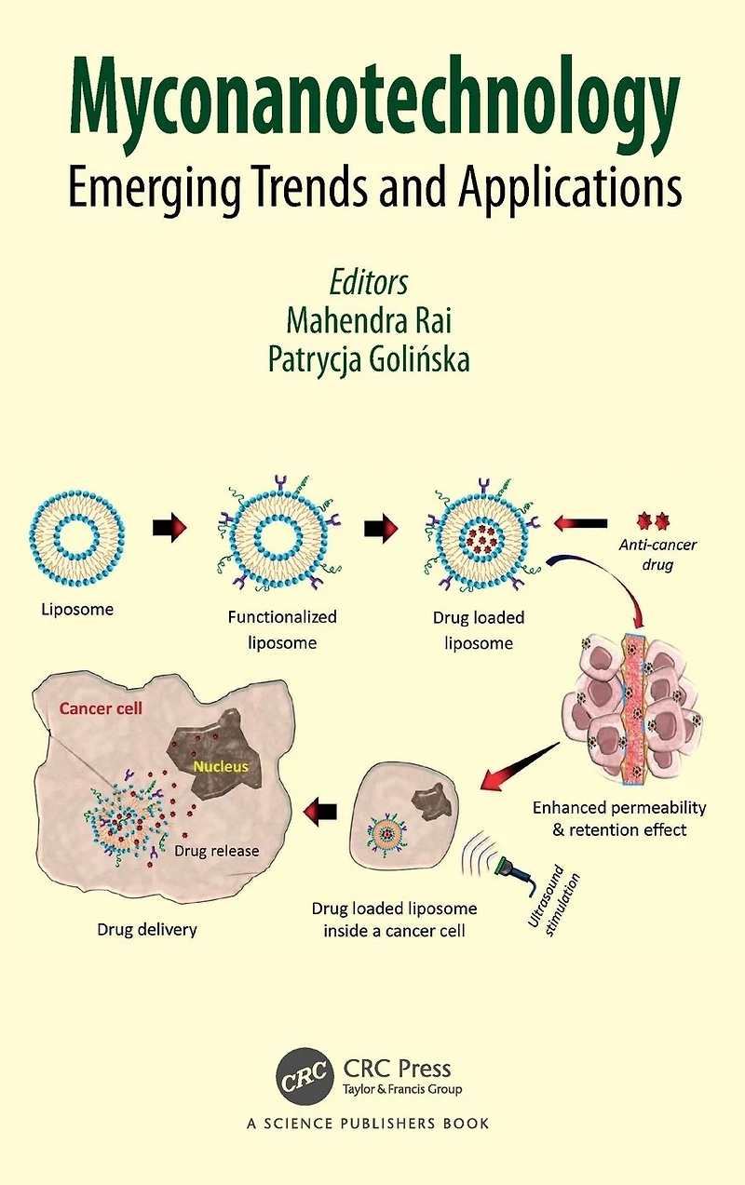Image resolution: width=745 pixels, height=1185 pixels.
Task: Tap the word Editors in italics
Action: click(369, 283)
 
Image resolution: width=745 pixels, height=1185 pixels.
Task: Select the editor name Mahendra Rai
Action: click(369, 320)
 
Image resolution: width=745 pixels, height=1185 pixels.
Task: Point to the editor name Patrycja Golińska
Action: click(369, 358)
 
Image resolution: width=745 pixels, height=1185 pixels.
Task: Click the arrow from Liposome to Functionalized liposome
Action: click(169, 528)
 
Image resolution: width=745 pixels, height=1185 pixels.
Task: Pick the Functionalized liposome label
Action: click(282, 629)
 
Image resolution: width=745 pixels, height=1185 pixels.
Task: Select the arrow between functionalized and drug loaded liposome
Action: click(381, 528)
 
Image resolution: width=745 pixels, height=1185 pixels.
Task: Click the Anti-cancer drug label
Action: click(657, 555)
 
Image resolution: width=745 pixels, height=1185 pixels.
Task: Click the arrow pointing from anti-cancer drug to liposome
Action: click(580, 523)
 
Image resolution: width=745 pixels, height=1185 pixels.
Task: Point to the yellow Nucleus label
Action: click(221, 766)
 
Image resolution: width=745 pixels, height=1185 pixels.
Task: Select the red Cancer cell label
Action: click(101, 708)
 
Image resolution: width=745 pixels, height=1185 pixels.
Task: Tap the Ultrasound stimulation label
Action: click(553, 903)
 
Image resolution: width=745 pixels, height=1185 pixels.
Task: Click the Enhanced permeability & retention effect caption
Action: click(619, 818)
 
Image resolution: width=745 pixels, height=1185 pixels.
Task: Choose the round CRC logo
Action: click(305, 1076)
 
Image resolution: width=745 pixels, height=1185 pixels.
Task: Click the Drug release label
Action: click(216, 851)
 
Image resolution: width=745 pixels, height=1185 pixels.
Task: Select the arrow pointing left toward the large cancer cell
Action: click(319, 812)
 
